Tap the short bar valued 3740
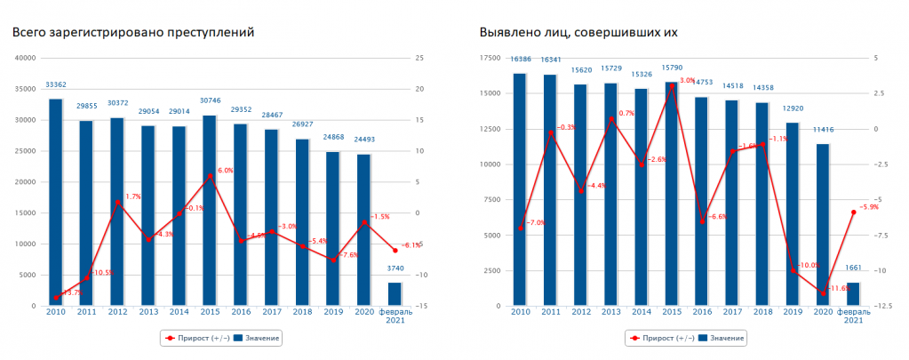point(394,294)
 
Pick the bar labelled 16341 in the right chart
point(551,190)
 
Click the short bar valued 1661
point(853,294)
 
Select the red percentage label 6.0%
point(225,171)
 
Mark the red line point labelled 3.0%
point(671,84)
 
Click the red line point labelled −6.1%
point(395,251)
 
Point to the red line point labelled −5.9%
point(853,212)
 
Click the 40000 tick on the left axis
point(25,58)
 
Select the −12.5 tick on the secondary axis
point(881,306)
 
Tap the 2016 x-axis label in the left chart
point(240,312)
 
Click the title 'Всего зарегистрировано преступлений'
point(133,32)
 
